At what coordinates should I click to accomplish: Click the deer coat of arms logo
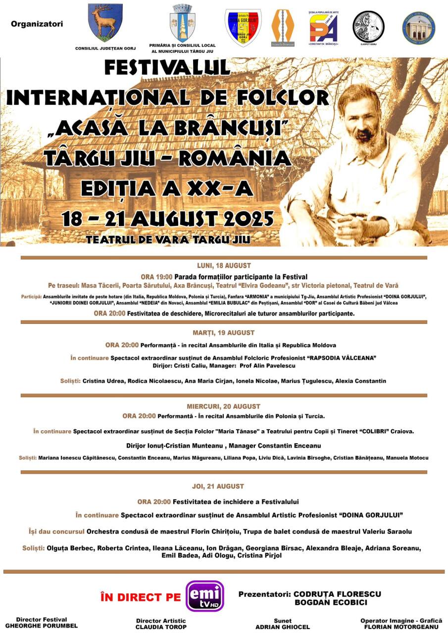point(105,23)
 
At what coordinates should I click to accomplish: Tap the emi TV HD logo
point(205,596)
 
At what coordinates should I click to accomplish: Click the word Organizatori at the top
point(37,23)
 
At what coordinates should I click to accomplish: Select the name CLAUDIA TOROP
point(161,627)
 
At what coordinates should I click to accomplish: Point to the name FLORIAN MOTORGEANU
point(401,626)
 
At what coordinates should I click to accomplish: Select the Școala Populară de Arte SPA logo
point(323,27)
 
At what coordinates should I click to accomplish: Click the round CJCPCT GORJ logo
point(368,26)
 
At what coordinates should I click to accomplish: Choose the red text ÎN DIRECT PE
point(141,597)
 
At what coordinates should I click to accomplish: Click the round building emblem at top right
point(418,28)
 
